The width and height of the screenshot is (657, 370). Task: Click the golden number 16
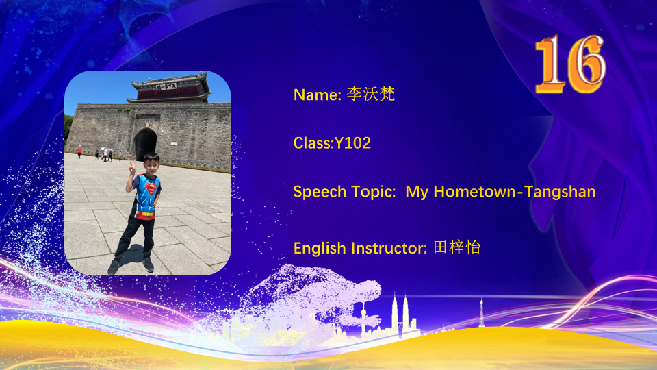570,64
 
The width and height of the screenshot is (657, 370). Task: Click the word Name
316,95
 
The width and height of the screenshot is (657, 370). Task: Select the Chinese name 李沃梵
371,94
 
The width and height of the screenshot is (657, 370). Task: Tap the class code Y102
352,143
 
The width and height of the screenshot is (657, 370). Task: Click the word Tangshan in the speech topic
560,192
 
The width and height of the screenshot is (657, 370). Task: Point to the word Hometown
475,192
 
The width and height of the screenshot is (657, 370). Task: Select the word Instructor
389,248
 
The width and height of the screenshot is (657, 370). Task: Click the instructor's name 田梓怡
456,247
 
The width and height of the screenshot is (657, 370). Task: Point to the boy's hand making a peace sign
132,169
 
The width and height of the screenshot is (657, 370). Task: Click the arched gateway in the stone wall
145,144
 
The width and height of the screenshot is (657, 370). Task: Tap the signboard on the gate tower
166,87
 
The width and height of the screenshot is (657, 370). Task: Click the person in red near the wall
79,151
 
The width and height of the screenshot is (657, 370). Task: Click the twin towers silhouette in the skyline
400,315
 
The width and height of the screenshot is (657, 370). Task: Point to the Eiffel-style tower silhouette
481,312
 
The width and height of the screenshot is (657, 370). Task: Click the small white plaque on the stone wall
173,144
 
